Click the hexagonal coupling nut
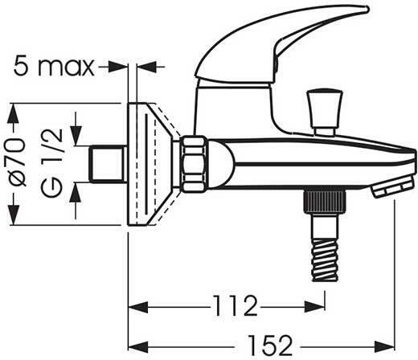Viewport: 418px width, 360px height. coord(194,165)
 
